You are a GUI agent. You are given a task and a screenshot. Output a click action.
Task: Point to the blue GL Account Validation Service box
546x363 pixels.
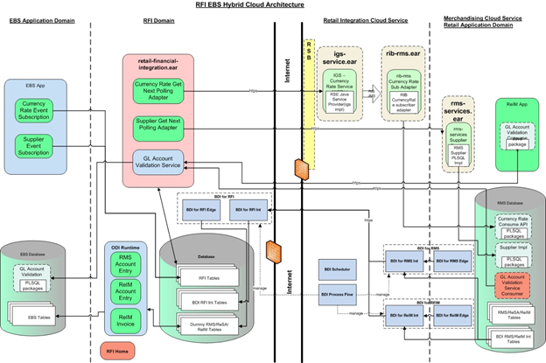[158, 162]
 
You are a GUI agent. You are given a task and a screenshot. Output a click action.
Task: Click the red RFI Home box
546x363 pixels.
[131, 351]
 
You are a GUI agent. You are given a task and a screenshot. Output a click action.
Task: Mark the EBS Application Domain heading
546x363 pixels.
[40, 28]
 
